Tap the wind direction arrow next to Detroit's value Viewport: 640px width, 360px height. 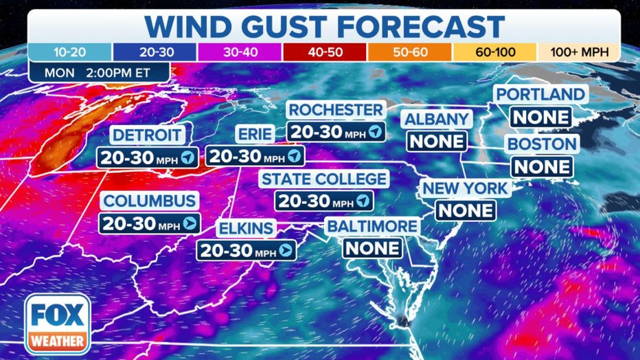[187, 157]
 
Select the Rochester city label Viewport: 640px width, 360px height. [336, 110]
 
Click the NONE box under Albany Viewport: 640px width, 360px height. [437, 142]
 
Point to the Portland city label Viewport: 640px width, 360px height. [541, 95]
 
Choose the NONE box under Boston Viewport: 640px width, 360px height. [542, 166]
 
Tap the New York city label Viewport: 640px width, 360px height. [465, 188]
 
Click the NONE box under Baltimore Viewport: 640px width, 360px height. [373, 248]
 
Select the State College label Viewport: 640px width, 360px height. [323, 179]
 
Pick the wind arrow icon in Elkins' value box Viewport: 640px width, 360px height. [285, 251]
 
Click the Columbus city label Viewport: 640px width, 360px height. [150, 201]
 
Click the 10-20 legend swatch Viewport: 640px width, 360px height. [70, 52]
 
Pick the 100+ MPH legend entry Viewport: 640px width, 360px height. [578, 52]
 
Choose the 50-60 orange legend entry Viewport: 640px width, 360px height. [409, 52]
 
